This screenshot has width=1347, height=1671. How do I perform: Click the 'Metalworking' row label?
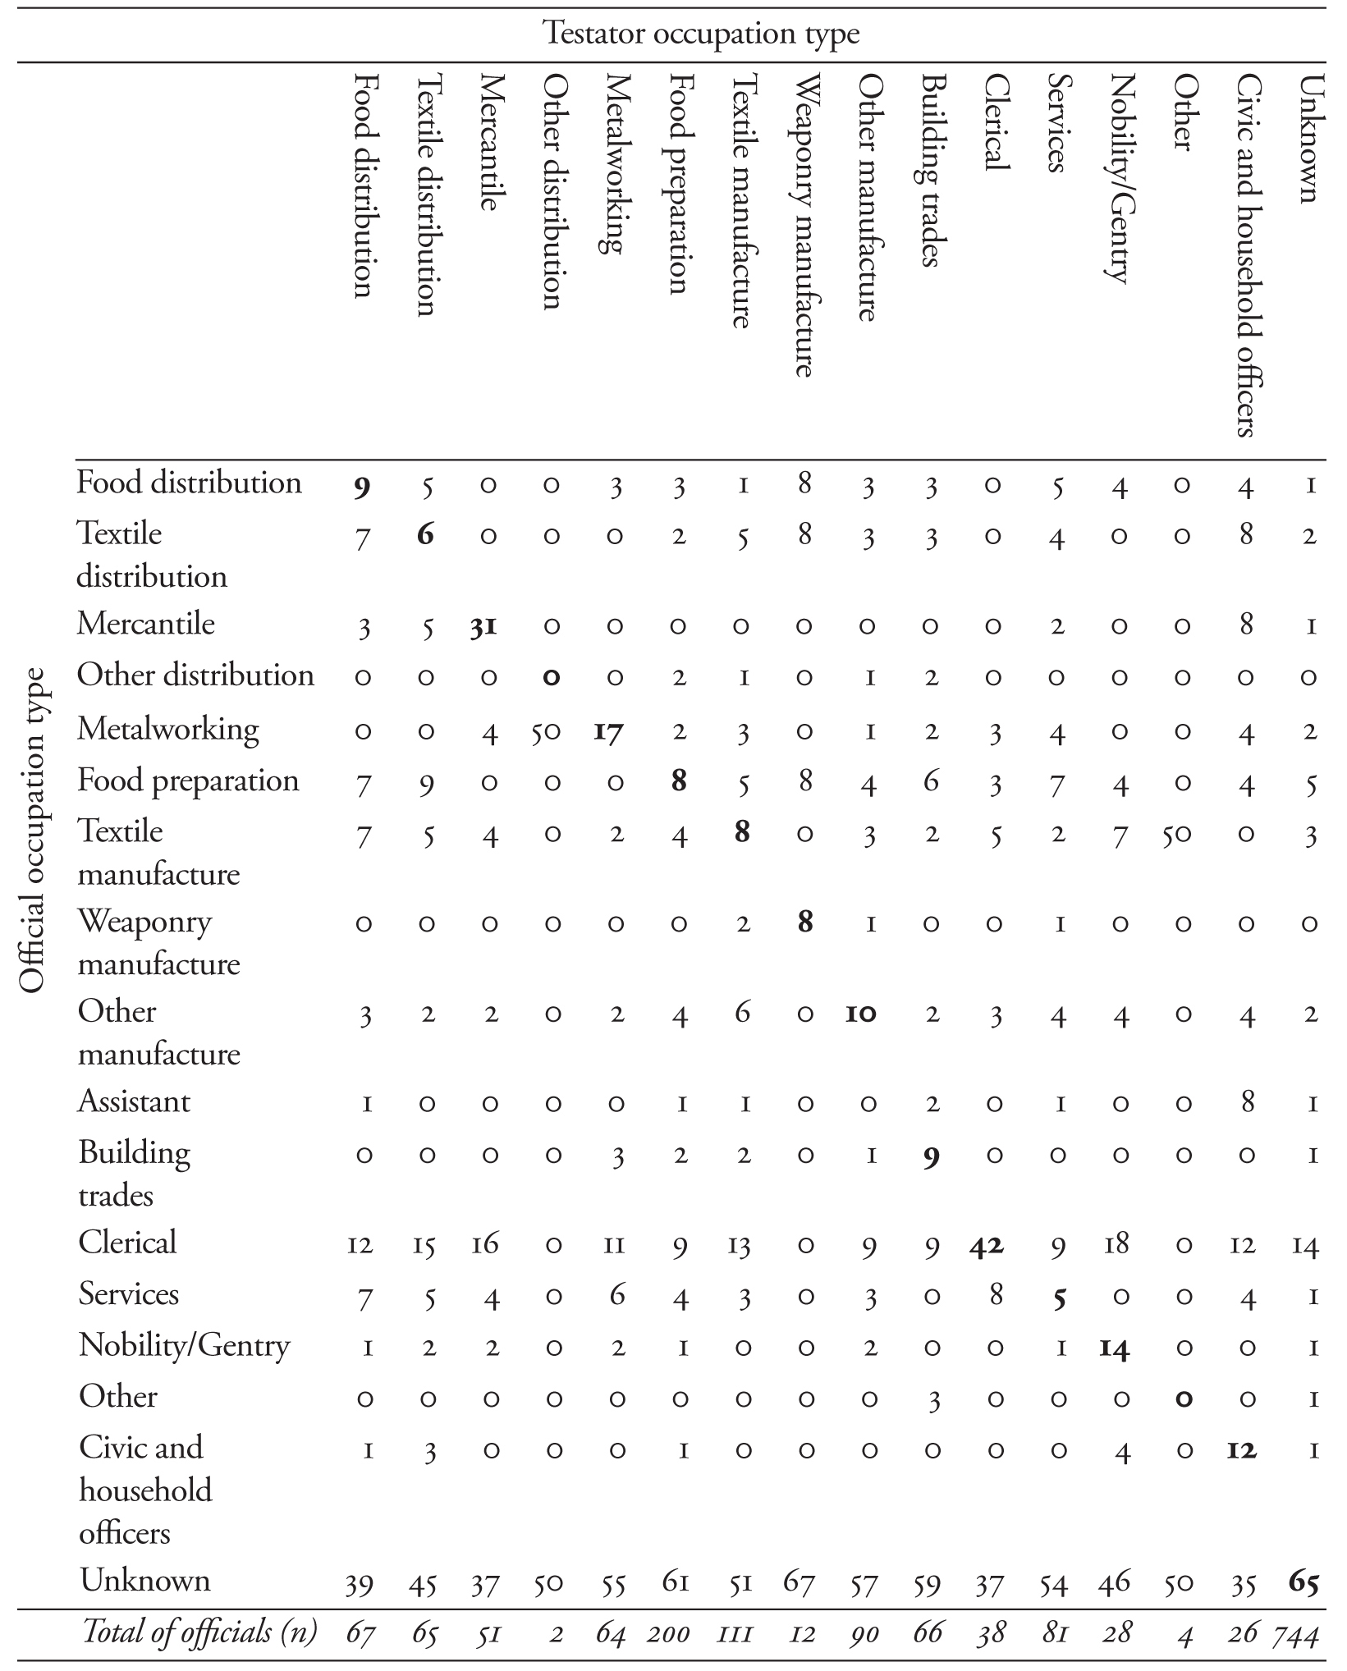coord(168,729)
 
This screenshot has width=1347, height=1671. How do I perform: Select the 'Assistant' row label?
coord(134,1101)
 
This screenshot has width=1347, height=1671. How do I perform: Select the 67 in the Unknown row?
coord(804,1582)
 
